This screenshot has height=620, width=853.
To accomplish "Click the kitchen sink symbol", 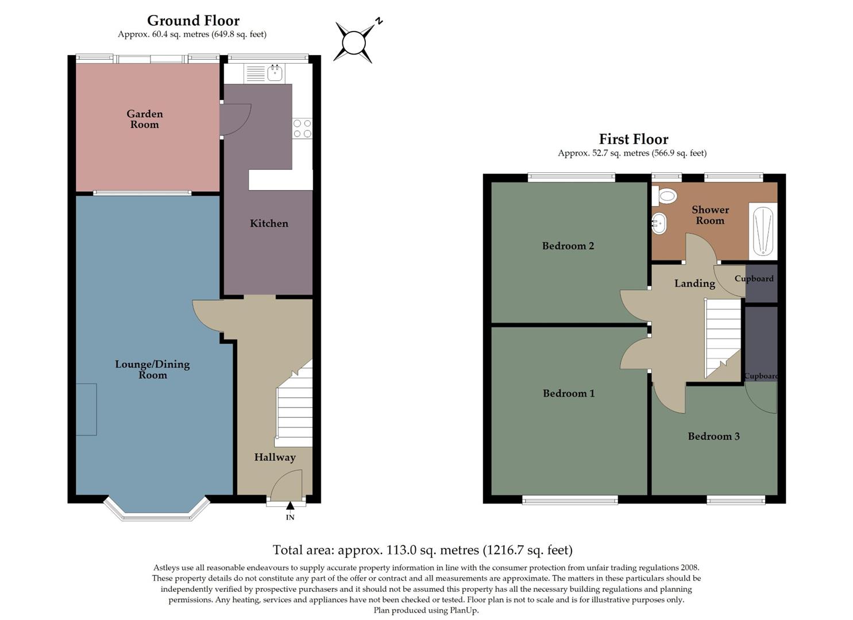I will pos(275,73).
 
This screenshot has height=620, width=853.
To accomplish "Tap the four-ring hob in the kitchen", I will pos(302,128).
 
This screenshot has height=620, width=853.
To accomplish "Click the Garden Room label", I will pos(145,119).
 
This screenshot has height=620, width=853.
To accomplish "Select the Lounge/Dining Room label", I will pos(152,369).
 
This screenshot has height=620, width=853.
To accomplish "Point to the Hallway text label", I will pos(275,457).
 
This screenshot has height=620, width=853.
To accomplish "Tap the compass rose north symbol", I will pos(354,42).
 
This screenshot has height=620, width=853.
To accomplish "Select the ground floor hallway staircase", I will pos(295,408).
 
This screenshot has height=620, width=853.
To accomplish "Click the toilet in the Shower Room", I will pos(664,197).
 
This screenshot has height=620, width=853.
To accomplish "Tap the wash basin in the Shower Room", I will pos(659,223).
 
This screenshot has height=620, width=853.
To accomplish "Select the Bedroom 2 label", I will pos(568,246).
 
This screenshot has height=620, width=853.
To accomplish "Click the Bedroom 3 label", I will pos(713,436).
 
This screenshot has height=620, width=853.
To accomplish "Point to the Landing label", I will pos(694,283).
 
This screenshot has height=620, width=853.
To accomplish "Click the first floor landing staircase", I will pos(722,336).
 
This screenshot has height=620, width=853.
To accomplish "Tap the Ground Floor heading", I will pos(193,21).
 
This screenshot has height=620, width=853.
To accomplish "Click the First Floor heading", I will pos(633,139).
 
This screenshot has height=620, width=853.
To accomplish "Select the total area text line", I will pos(422,550).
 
